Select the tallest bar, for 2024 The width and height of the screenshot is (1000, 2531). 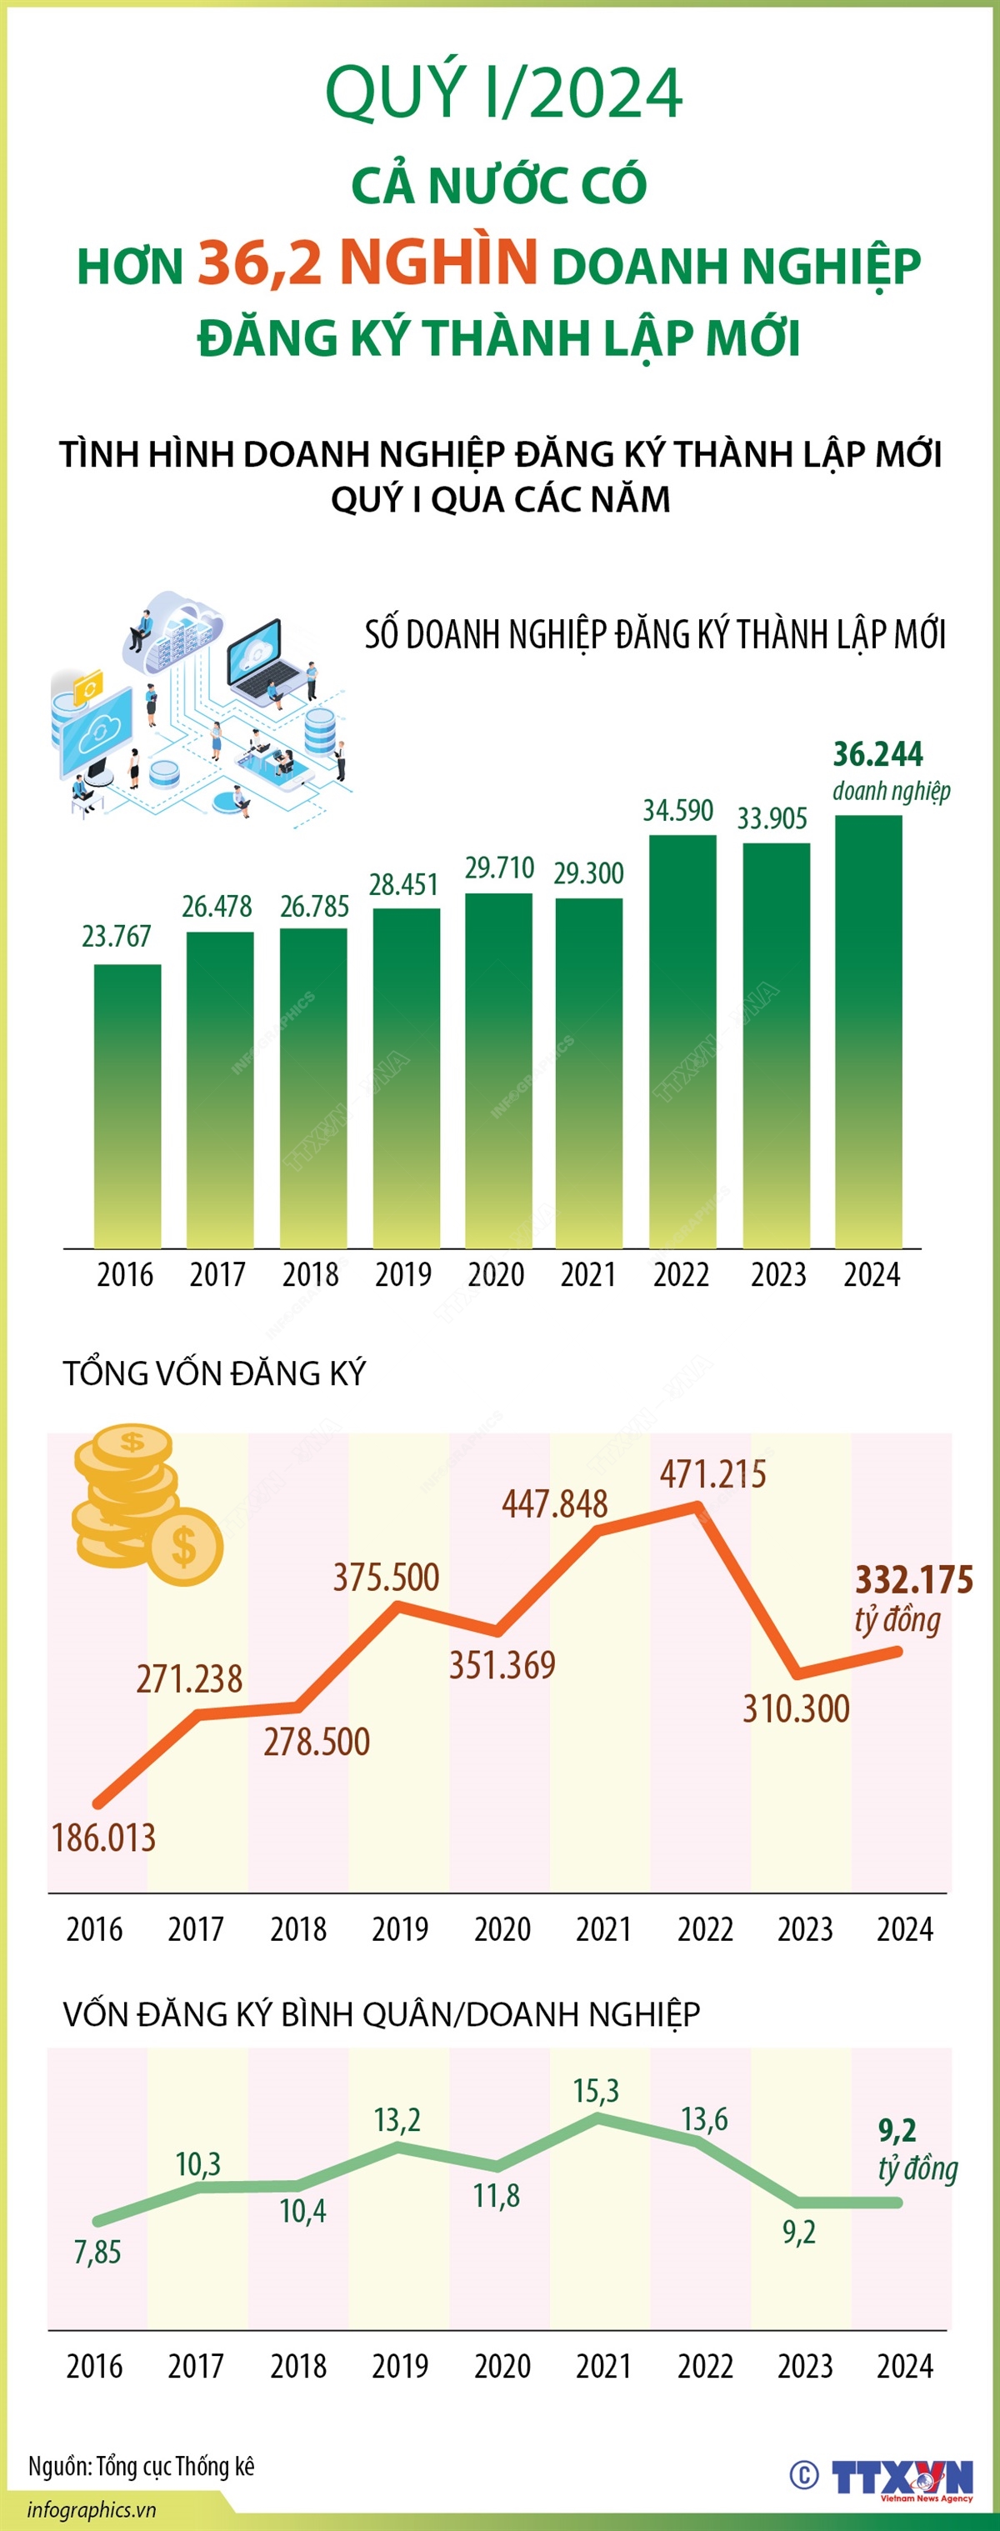point(868,1032)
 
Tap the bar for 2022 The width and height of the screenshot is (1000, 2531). point(682,1042)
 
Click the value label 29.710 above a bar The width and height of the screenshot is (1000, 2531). point(499,868)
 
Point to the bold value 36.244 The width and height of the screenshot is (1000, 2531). point(877,753)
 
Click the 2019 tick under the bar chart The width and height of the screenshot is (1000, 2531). point(402,1275)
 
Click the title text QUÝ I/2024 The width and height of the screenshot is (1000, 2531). point(503,93)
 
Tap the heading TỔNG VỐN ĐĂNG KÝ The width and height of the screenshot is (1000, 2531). point(214,1373)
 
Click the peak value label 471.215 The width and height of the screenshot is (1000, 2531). point(712,1475)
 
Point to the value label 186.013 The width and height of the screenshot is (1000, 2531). point(103,1838)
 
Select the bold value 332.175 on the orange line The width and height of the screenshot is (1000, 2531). point(912,1580)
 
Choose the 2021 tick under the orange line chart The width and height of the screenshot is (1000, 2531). point(603,1929)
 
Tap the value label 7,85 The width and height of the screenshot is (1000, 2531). point(97,2252)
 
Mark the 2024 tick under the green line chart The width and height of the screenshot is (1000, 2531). point(903,2366)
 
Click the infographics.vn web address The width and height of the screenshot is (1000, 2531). point(92,2510)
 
